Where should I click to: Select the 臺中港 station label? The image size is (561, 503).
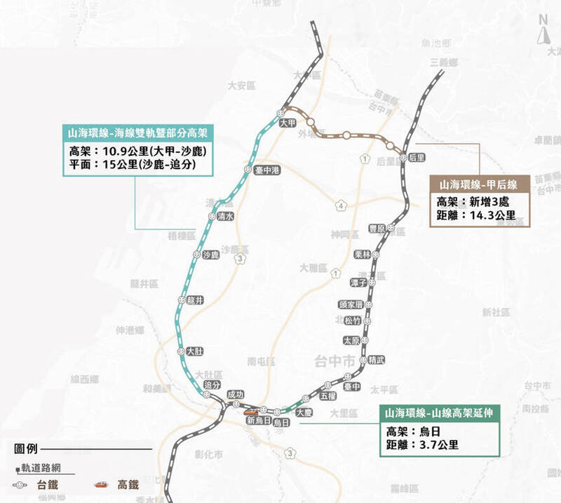click(267, 170)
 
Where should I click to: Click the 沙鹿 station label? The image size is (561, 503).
click(210, 255)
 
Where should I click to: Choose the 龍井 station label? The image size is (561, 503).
click(200, 300)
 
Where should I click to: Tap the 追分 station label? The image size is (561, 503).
click(212, 385)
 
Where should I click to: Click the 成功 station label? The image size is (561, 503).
click(236, 395)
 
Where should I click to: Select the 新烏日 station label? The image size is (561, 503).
click(259, 421)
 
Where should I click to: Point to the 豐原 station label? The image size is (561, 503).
click(377, 229)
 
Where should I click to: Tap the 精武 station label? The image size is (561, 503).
click(377, 360)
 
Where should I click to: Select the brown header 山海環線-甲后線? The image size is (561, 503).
click(479, 185)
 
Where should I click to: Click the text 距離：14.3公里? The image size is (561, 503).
click(476, 215)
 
